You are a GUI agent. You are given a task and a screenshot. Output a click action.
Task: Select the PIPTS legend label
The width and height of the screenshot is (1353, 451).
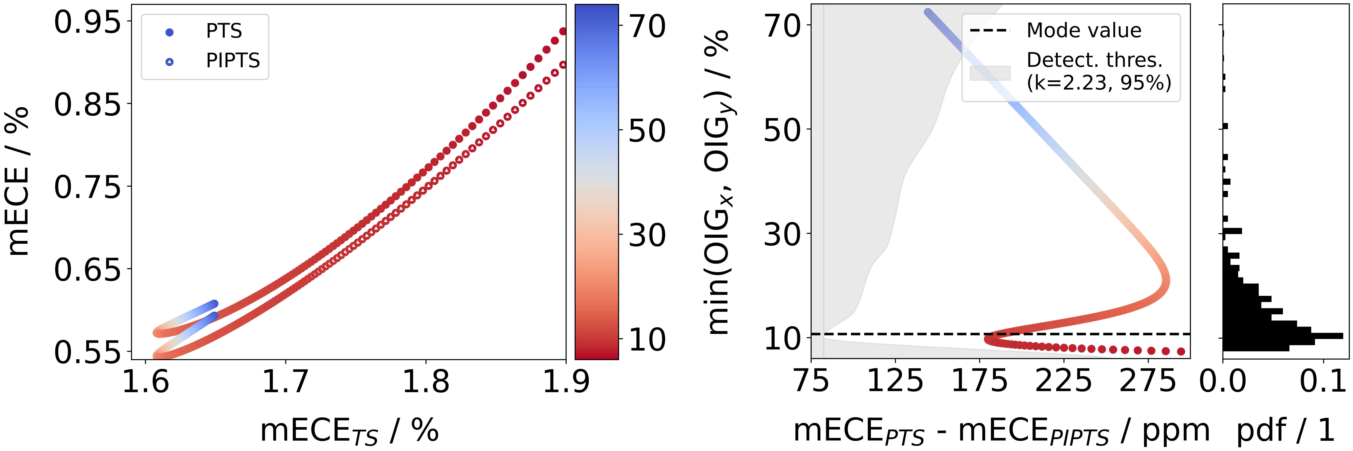[x=233, y=61]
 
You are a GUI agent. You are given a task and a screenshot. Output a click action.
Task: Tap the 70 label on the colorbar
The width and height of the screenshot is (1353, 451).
[x=648, y=26]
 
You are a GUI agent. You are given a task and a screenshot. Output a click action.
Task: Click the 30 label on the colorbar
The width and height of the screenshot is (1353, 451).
[x=648, y=235]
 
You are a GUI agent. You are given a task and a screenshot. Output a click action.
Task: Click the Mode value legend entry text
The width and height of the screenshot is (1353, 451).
[x=1084, y=31]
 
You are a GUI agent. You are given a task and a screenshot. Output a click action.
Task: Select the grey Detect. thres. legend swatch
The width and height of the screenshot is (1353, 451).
[x=989, y=73]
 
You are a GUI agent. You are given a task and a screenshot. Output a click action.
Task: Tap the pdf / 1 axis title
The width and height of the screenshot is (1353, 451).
[x=1285, y=431]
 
